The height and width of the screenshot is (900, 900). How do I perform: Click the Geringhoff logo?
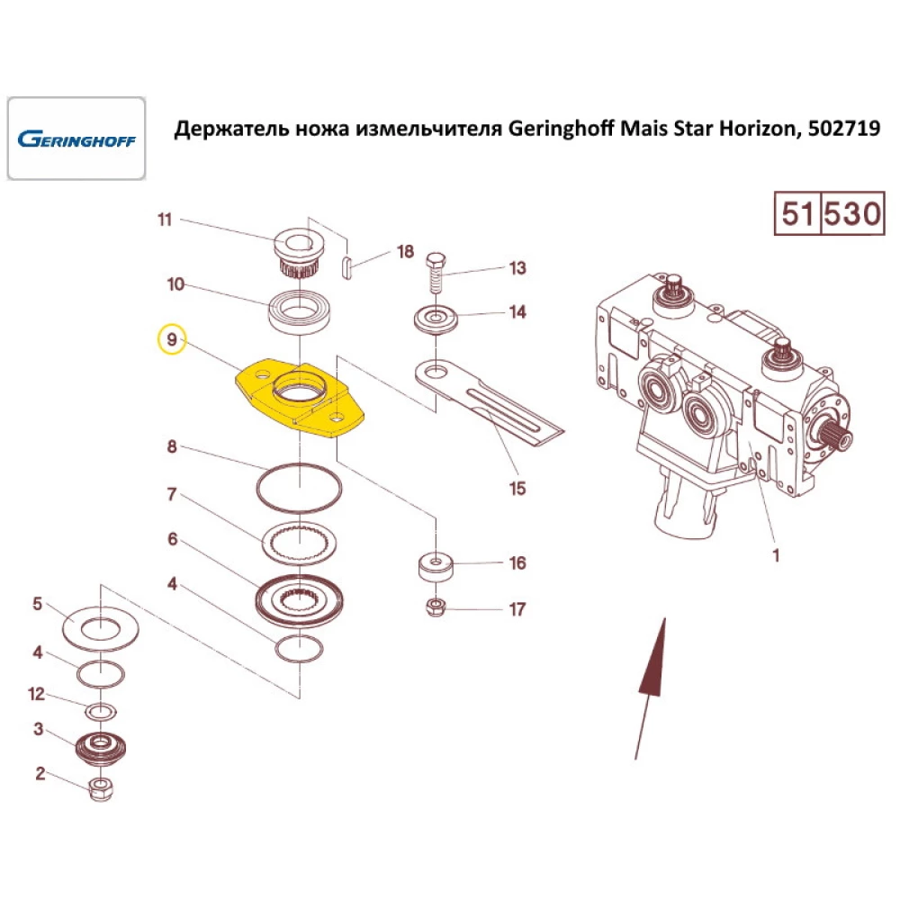[x=76, y=139]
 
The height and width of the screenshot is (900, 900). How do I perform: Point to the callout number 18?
[x=405, y=252]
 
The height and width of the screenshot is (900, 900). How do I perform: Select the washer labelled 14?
[x=436, y=319]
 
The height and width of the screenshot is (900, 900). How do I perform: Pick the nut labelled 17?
[x=436, y=607]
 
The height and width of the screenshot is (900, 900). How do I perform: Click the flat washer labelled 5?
[x=102, y=625]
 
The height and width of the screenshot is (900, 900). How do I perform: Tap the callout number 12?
[x=36, y=694]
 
